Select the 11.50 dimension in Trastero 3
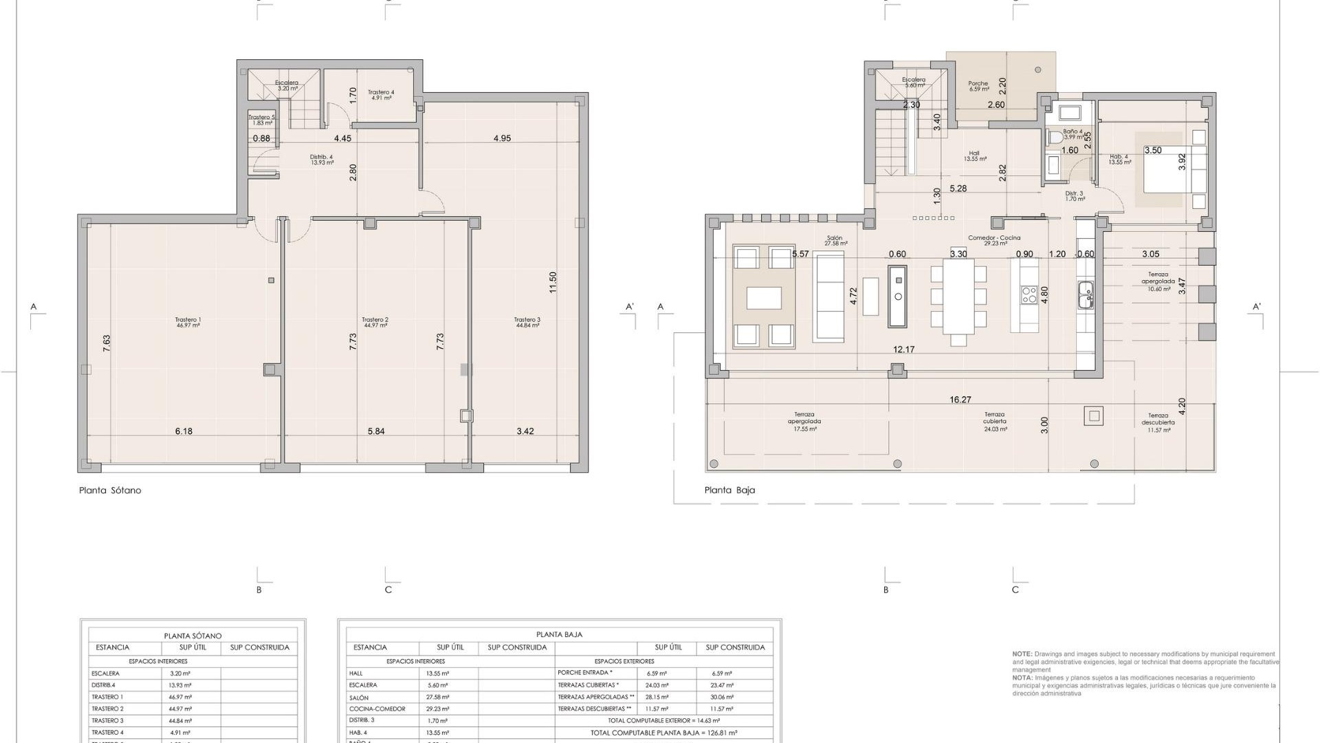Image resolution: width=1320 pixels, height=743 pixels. [x=553, y=282]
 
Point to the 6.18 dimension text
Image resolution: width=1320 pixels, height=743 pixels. [x=184, y=431]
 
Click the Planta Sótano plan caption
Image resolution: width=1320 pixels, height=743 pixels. [x=110, y=491]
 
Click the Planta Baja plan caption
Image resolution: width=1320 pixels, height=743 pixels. [x=729, y=491]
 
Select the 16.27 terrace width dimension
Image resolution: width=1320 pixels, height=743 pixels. [x=960, y=400]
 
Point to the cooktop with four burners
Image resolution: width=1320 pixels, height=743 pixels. [x=1028, y=294]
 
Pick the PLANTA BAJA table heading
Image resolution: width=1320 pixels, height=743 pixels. [x=559, y=635]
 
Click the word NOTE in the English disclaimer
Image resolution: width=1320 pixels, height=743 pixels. [x=1021, y=654]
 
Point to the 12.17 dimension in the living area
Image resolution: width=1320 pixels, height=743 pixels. [x=903, y=349]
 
